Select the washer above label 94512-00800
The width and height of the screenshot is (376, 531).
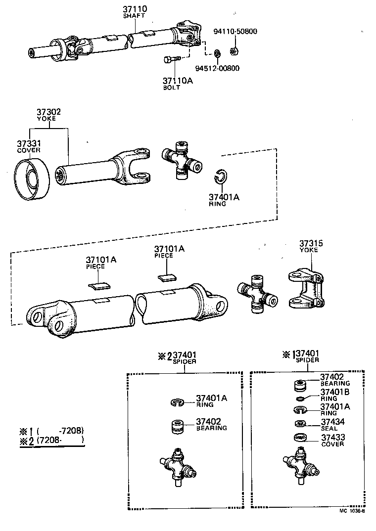point(217,53)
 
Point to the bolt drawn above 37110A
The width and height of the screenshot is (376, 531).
point(169,60)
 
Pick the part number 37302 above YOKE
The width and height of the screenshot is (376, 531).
point(48,112)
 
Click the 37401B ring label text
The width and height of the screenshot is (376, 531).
point(335,392)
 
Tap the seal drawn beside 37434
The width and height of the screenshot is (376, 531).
point(299,423)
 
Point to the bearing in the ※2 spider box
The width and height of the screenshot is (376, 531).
point(178,426)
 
